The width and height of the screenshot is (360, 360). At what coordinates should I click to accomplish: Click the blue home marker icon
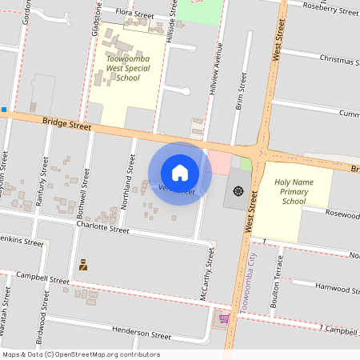[x=180, y=173]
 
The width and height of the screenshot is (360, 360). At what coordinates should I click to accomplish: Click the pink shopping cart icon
[x=224, y=318]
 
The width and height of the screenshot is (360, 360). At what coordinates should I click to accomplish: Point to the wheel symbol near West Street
[x=238, y=191]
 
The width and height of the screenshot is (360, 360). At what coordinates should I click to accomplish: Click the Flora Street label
[x=134, y=14]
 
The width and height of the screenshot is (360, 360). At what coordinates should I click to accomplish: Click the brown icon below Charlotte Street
[x=82, y=263]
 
